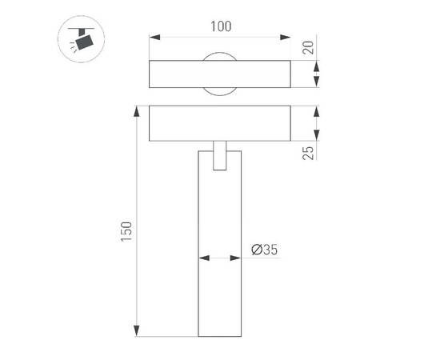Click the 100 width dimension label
222,26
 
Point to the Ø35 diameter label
264,250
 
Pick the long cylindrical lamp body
220,248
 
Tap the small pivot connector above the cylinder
221,157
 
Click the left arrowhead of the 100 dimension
154,37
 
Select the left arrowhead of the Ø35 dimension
202,258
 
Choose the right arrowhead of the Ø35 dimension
238,258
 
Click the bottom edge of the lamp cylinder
220,336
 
